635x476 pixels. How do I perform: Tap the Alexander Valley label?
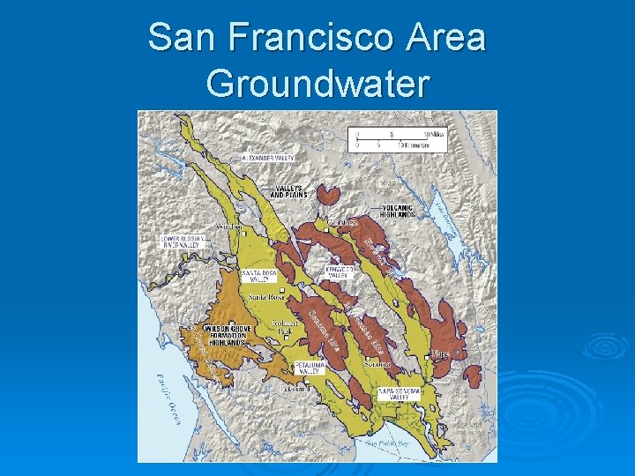coord(268,158)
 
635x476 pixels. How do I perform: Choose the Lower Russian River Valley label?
coord(183,242)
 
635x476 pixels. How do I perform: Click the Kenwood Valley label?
coord(340,271)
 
